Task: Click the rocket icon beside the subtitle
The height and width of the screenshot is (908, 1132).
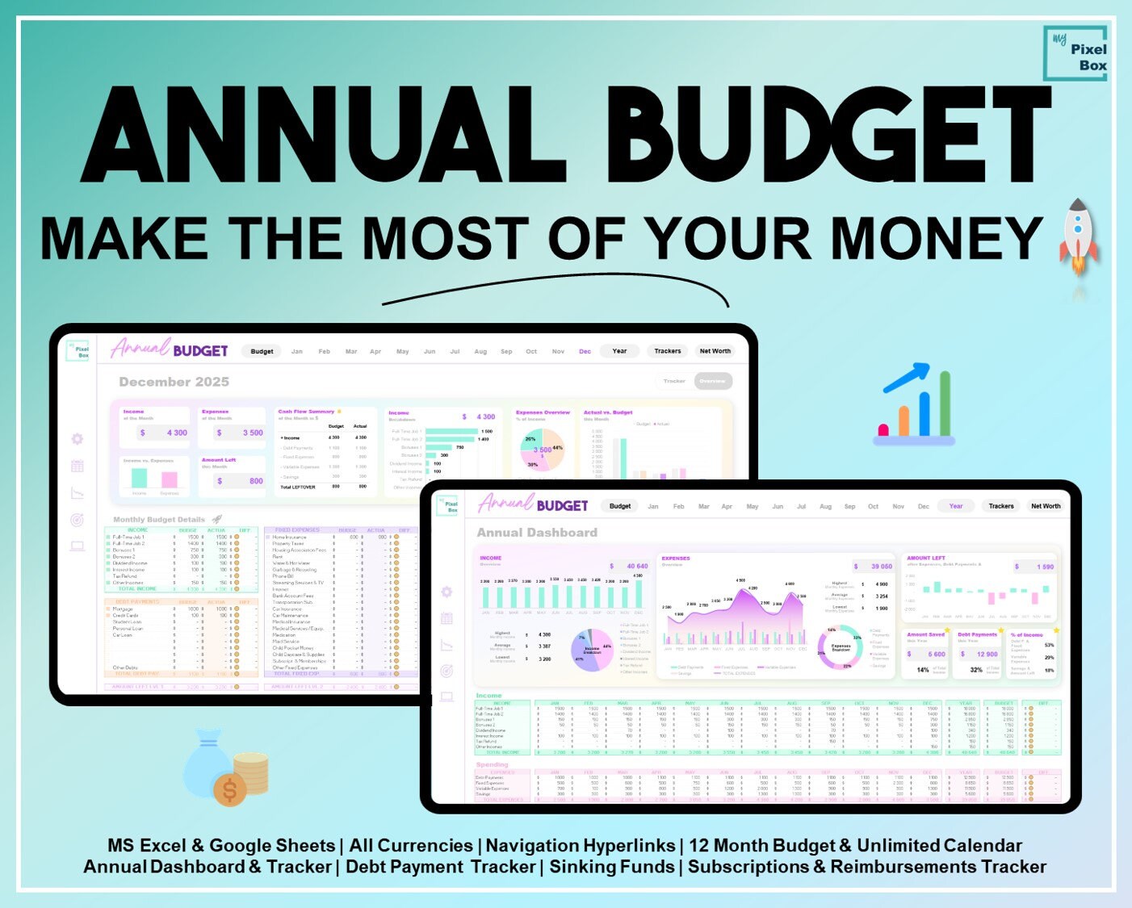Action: click(x=1079, y=236)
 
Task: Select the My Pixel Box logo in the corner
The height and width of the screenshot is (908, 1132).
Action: click(x=1075, y=53)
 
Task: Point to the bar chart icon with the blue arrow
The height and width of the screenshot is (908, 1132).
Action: click(x=915, y=404)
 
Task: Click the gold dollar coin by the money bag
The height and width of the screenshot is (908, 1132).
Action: click(x=230, y=789)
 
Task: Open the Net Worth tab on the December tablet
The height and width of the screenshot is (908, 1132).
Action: click(x=715, y=351)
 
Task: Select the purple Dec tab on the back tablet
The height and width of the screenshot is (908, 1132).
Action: click(x=585, y=351)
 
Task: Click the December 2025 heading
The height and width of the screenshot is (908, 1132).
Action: click(x=174, y=382)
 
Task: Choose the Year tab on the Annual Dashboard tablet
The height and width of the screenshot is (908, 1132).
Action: click(x=956, y=506)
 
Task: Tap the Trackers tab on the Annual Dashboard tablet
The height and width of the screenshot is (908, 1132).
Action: click(x=1001, y=506)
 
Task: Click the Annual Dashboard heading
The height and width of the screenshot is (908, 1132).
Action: click(x=537, y=533)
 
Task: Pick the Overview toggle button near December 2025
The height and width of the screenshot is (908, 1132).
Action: click(x=712, y=381)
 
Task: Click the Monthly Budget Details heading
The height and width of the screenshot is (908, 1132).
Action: click(x=159, y=520)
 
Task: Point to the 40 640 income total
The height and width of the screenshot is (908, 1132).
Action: click(x=637, y=566)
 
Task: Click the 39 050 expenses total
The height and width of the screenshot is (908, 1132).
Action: click(x=882, y=567)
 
